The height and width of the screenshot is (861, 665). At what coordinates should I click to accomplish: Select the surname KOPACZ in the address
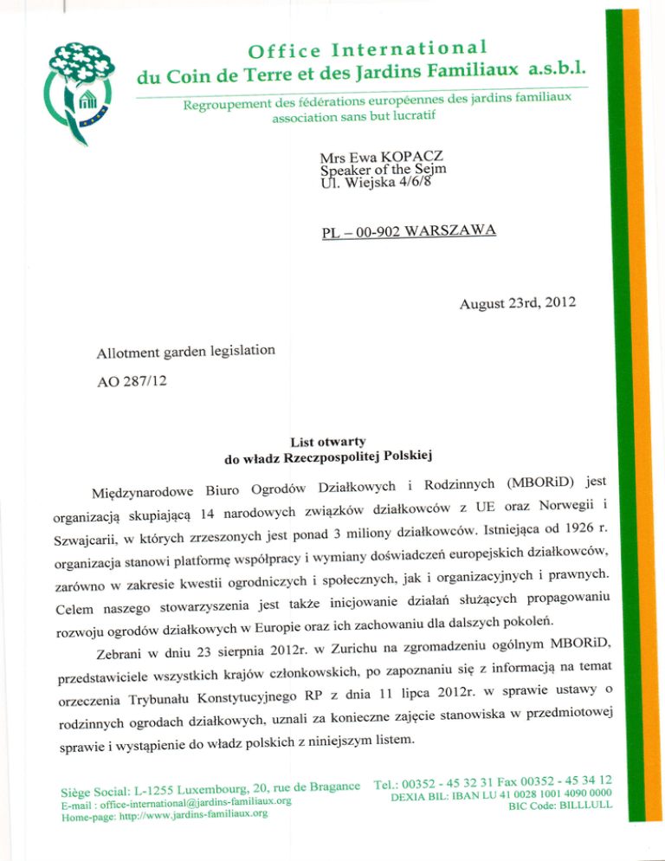408,156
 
